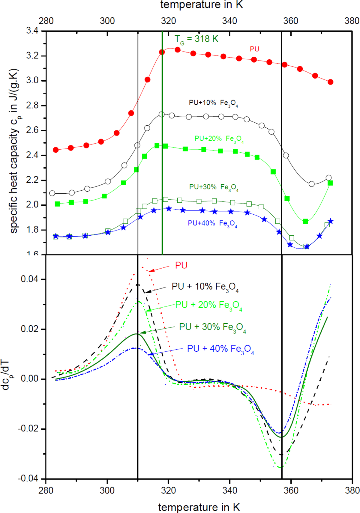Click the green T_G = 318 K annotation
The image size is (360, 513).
[196, 39]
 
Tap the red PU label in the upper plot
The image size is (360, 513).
[254, 49]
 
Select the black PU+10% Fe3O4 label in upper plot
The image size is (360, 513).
[214, 103]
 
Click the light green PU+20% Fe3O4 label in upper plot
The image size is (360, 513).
[219, 139]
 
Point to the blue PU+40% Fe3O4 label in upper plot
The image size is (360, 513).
[212, 224]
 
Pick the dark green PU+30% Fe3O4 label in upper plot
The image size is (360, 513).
[214, 187]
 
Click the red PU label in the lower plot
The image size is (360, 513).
[181, 265]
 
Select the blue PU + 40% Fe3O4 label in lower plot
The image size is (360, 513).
[220, 349]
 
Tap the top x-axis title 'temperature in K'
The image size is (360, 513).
[202, 5]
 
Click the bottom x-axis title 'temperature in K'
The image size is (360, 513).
[199, 507]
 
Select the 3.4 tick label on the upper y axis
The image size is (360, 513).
[32, 31]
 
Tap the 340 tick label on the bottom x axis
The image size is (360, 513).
[229, 490]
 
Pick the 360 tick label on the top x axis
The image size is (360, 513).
[291, 21]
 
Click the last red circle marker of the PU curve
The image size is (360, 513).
[330, 82]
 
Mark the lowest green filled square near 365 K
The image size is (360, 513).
[305, 221]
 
